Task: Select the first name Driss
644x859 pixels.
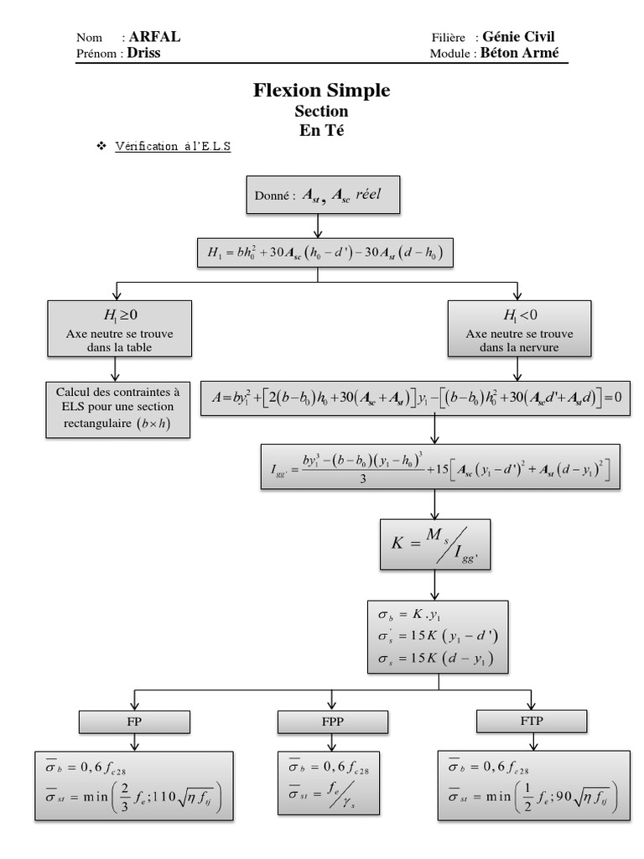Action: coord(143,53)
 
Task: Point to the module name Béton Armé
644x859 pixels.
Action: coord(519,53)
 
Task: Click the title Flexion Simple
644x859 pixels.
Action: coord(321,91)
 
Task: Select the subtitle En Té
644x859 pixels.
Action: coord(321,130)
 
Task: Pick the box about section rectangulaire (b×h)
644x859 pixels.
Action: coord(117,409)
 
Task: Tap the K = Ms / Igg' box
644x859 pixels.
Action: coord(435,543)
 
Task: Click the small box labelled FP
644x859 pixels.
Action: coord(134,721)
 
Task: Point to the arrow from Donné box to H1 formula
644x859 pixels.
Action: coord(317,226)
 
